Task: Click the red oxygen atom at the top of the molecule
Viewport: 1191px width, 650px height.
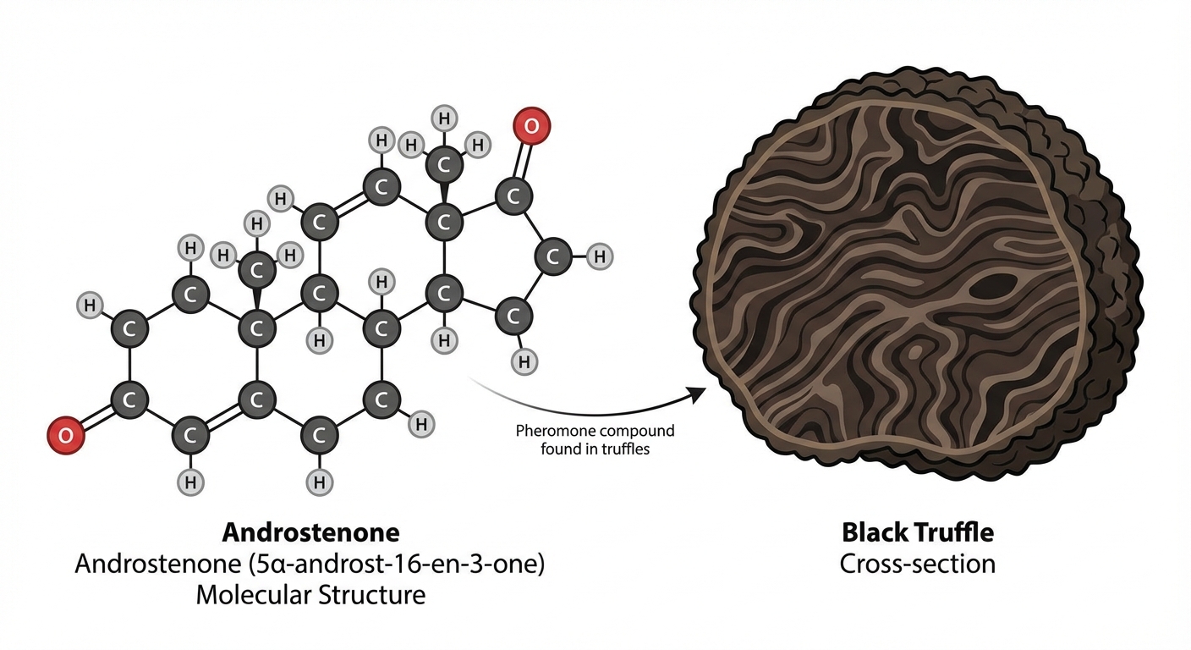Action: coord(531,126)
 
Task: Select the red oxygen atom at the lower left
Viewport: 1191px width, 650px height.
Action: coord(66,435)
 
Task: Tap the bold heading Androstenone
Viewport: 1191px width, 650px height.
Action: coord(311,532)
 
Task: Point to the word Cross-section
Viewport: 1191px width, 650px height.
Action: coord(918,564)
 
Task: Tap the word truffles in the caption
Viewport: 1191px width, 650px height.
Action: coord(623,449)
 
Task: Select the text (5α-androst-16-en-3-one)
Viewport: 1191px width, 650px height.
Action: coord(396,564)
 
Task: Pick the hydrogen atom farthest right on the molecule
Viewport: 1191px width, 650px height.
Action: coord(599,256)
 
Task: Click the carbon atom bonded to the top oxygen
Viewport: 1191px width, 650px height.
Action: coord(513,196)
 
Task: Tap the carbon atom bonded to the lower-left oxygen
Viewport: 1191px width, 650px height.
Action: coord(129,399)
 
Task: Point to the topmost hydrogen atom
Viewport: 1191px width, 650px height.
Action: coord(444,118)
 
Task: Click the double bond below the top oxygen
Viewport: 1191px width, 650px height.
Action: coord(524,160)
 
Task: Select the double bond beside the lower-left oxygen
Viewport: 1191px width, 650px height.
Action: coord(98,417)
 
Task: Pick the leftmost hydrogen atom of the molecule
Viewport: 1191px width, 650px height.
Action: coord(90,306)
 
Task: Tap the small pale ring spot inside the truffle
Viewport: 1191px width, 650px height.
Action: coord(915,351)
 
